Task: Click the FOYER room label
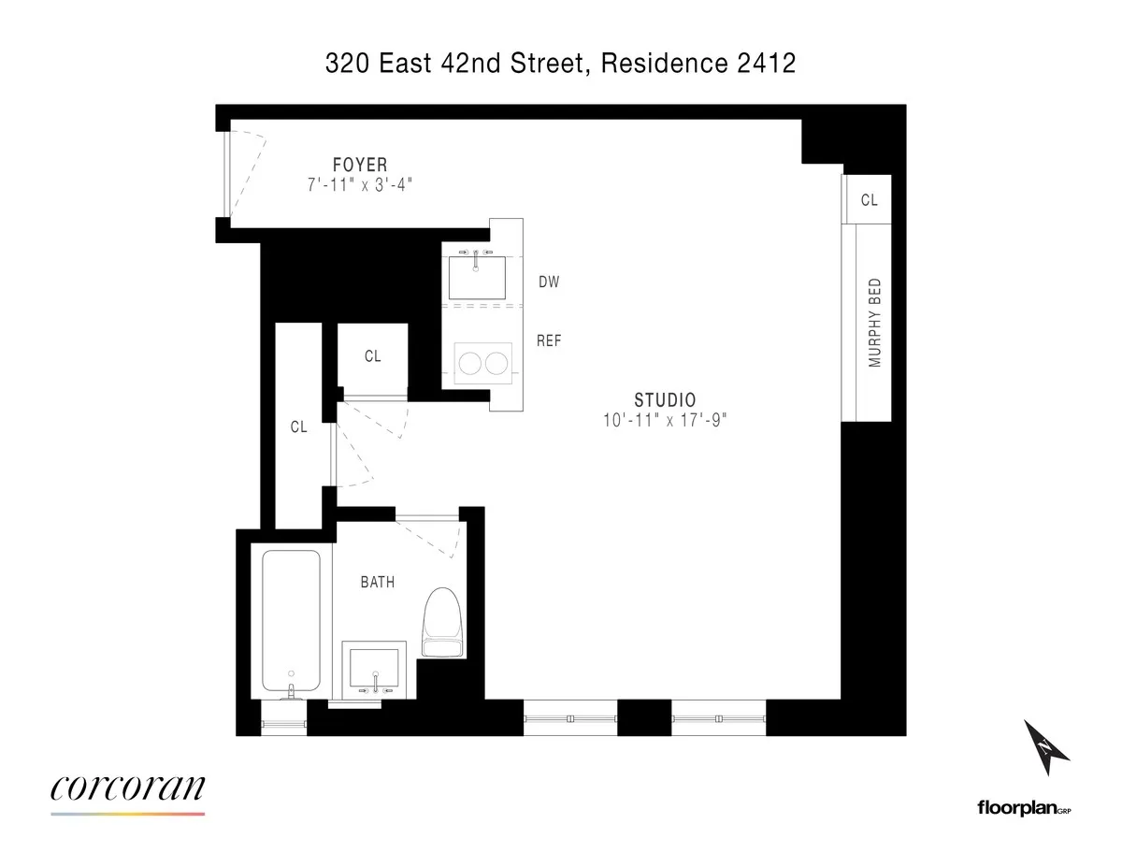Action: (x=360, y=166)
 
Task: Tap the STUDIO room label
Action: (x=665, y=399)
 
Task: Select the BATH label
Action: (x=378, y=582)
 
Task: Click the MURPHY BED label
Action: (x=875, y=323)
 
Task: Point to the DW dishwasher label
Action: (x=549, y=282)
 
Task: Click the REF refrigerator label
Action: (x=549, y=341)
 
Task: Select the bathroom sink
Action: (x=374, y=668)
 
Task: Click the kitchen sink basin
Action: (x=477, y=275)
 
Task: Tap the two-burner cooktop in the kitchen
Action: (x=484, y=363)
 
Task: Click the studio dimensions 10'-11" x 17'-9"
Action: (x=665, y=421)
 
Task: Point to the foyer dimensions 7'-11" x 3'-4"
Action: (x=360, y=186)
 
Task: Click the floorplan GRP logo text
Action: (x=1023, y=807)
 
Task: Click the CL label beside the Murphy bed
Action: (x=870, y=200)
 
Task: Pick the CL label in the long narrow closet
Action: (x=298, y=427)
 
